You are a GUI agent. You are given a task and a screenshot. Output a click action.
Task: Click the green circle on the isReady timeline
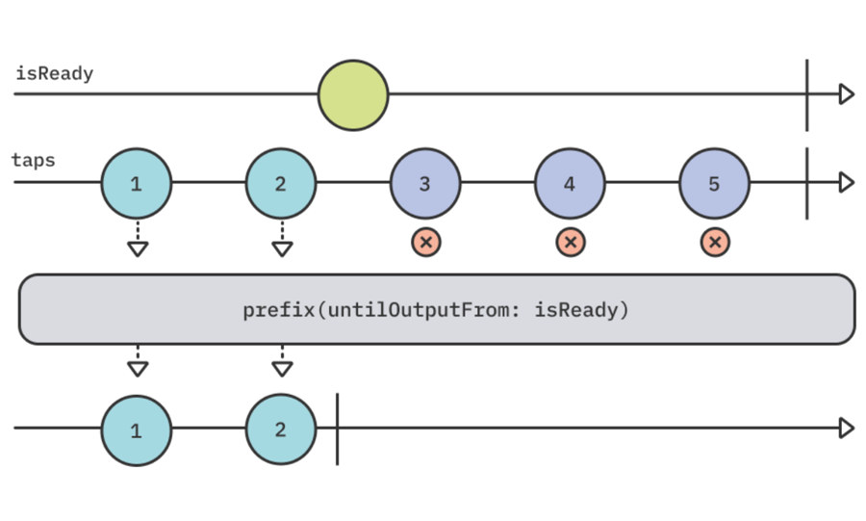[353, 95]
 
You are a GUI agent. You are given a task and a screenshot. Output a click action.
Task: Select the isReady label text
[55, 74]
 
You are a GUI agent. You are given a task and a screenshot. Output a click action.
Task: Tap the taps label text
[33, 160]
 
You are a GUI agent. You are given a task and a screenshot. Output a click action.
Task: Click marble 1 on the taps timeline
[137, 183]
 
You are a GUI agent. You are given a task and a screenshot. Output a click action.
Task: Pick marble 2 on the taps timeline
[281, 183]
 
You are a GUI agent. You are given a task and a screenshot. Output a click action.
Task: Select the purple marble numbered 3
[425, 183]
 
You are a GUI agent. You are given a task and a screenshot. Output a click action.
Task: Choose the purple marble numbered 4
[570, 183]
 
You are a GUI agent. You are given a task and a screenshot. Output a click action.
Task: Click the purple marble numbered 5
[714, 183]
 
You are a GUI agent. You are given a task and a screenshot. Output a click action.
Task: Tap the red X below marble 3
[425, 243]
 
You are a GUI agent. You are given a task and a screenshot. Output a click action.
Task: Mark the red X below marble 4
[570, 243]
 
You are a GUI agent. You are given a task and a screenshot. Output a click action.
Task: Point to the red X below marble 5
[714, 243]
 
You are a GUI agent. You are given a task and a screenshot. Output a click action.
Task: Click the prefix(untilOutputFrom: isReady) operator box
[437, 310]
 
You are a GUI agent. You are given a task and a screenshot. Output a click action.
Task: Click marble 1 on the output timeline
[137, 430]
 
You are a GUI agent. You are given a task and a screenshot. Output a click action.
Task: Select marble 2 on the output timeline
[281, 430]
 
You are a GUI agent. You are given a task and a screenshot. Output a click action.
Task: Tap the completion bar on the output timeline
[337, 430]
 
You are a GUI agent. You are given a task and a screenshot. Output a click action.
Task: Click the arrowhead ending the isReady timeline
[846, 94]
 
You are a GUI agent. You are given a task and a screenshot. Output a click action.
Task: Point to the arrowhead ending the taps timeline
[846, 182]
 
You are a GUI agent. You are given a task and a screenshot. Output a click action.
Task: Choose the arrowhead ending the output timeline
[846, 429]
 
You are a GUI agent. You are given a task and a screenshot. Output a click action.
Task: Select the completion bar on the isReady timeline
[806, 94]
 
